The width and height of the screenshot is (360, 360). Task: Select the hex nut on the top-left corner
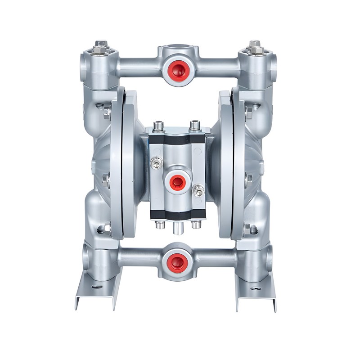click(101, 46)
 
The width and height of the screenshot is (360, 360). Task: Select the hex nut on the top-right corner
click(255, 46)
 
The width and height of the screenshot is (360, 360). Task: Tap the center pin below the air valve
click(175, 228)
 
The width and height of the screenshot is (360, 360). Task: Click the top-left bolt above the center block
click(157, 125)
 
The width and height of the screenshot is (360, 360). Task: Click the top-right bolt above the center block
click(194, 125)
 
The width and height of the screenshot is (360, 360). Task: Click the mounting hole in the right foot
click(255, 288)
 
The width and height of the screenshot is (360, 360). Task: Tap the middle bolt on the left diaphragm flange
click(106, 180)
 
